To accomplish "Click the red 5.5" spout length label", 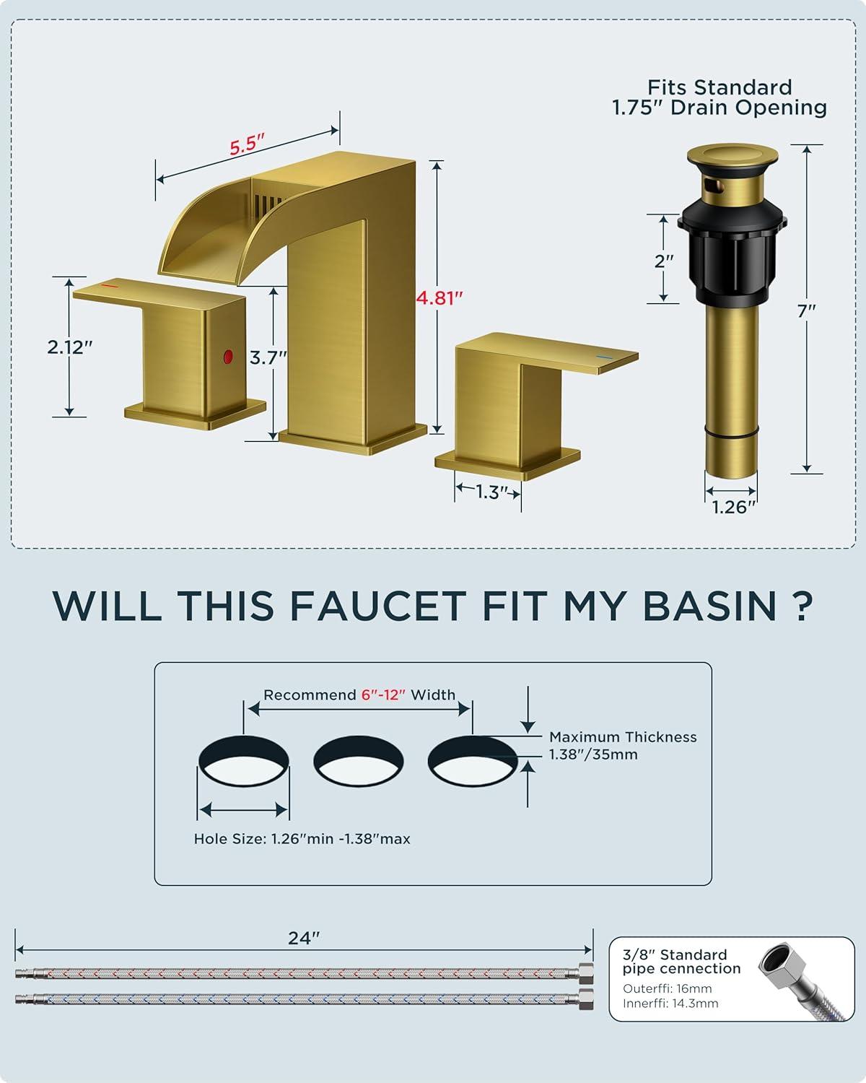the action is [247, 145].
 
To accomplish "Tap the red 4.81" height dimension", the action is [439, 298].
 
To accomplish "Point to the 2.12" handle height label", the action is [69, 347].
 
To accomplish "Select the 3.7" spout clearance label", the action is [268, 358].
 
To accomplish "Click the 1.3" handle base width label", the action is [489, 492].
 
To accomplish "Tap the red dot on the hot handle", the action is [228, 357].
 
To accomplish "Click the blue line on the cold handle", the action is [604, 357].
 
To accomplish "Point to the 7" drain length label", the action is [806, 310].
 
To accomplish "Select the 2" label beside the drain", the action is [664, 261].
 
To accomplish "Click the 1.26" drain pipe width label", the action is [734, 507].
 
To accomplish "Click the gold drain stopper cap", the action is [732, 154].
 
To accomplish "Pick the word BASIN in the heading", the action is [709, 606].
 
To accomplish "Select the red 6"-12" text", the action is [383, 695].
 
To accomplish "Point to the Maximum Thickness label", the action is [623, 736].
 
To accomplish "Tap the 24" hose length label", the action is [304, 938].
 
